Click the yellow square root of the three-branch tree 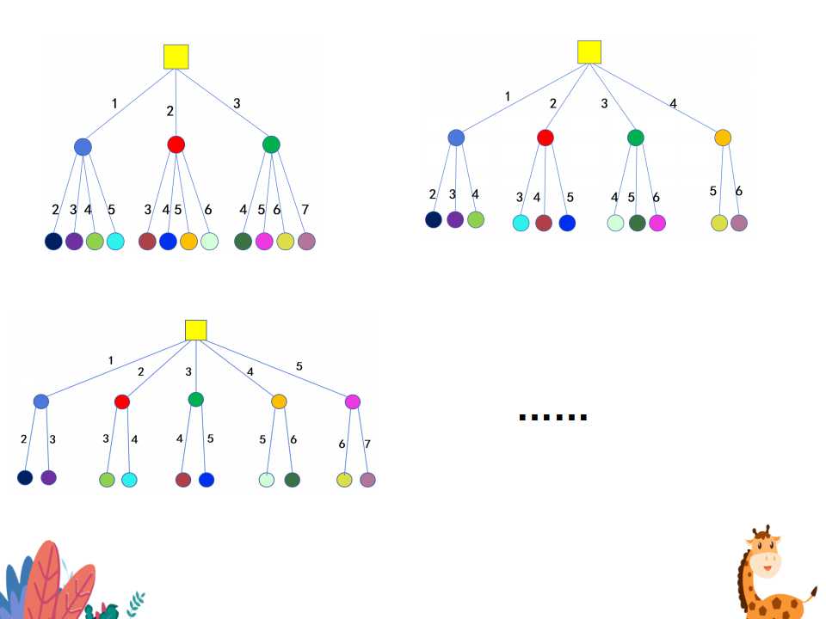[176, 57]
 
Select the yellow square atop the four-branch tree [589, 52]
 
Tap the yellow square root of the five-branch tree [196, 330]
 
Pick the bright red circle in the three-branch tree [176, 144]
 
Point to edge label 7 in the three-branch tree [305, 209]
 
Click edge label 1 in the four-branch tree [508, 96]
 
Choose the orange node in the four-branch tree [723, 138]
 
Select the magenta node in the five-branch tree [352, 401]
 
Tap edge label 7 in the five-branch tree [367, 444]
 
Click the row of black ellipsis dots [553, 418]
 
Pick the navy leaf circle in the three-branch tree [53, 242]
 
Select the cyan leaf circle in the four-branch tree [521, 223]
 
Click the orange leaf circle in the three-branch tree [188, 242]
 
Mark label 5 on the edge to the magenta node [299, 366]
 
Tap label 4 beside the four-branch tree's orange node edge [673, 104]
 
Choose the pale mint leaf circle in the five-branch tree [268, 480]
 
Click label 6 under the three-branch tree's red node [207, 209]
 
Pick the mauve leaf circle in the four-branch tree [738, 223]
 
